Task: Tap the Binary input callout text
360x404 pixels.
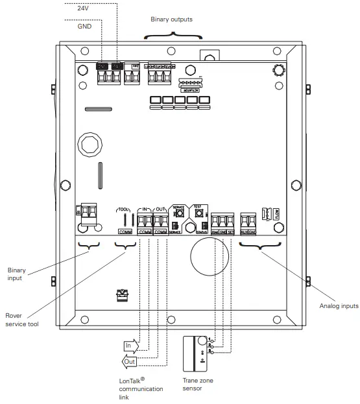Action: click(16, 274)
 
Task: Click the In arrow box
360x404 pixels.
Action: click(130, 346)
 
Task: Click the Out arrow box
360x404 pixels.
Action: click(130, 361)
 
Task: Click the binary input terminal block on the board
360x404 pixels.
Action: click(86, 213)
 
